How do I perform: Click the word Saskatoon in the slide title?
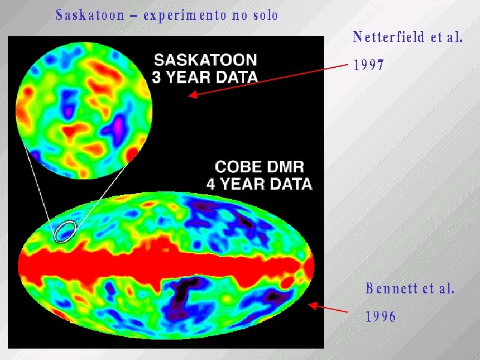pos(90,15)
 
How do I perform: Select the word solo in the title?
pos(265,16)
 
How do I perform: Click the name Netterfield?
pos(388,37)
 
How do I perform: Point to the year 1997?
pos(368,65)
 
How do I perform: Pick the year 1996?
pos(380,317)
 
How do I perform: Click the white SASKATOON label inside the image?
pos(205,60)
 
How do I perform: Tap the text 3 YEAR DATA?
pos(205,77)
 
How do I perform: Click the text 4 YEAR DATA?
pos(259,184)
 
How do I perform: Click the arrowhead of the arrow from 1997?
pos(193,95)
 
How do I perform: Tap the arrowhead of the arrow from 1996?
pos(313,305)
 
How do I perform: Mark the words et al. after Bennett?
pos(439,289)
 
